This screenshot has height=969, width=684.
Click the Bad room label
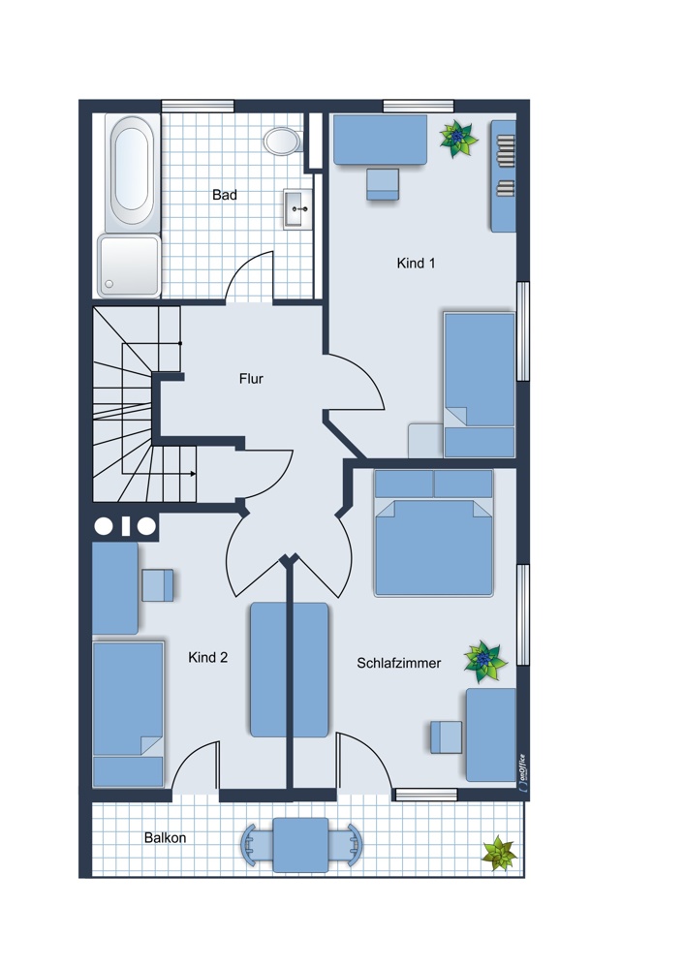pos(225,195)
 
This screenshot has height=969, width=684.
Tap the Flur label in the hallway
pos(251,378)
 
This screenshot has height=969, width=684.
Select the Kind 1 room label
pos(416,264)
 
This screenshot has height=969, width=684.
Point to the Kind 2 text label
pos(207,658)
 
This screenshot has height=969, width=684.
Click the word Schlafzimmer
pos(399,663)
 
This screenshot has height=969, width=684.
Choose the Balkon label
pos(165,838)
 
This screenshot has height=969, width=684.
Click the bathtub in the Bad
pos(132,172)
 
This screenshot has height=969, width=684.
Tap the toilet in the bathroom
pos(283,141)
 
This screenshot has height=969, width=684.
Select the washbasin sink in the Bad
pos(297,209)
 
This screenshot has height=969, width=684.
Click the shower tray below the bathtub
pos(129,266)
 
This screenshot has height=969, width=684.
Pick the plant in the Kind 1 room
pos(458,139)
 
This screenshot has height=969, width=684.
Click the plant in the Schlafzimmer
pos(484,661)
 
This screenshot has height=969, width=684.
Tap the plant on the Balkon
pos(499,854)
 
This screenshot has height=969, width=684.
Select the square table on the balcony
pos(301,845)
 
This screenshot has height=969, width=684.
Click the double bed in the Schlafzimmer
pos(434,533)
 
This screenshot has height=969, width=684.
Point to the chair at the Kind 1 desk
pos(383,184)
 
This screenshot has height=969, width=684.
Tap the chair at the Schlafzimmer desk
pos(446,736)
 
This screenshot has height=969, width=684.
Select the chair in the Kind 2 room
pos(158,585)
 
